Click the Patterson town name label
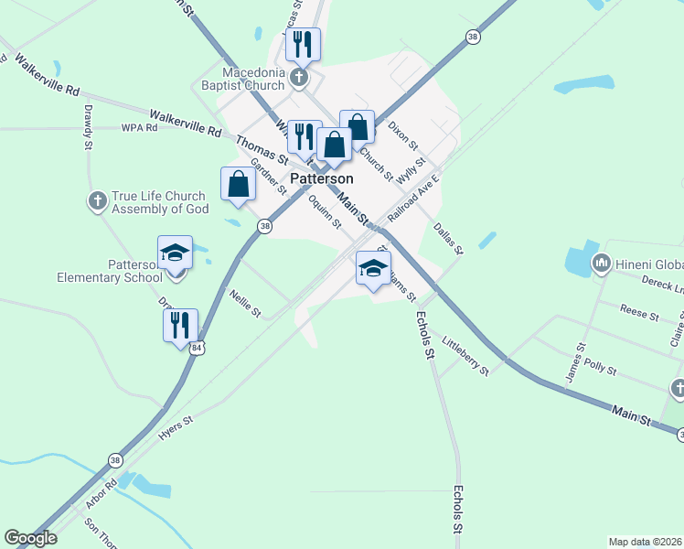[322, 178]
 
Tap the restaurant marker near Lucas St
[303, 43]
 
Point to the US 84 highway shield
[198, 348]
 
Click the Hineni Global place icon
[602, 264]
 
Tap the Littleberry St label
[465, 356]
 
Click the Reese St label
[640, 313]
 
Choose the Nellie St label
[246, 301]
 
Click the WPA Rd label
[139, 128]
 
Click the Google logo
[30, 538]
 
